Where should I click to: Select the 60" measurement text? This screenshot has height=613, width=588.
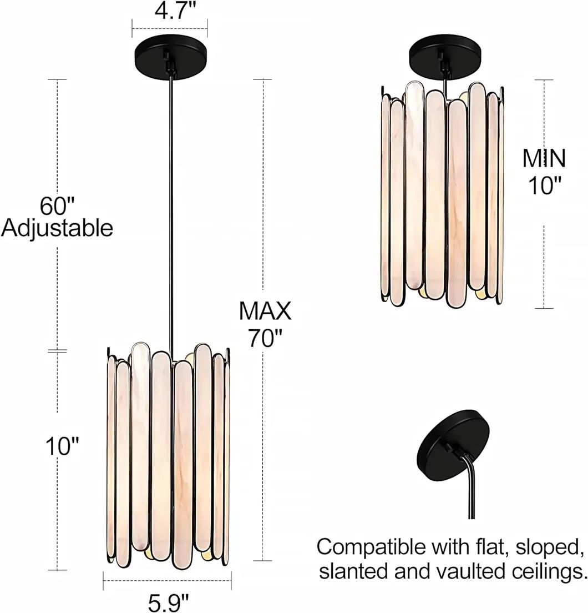click(57, 205)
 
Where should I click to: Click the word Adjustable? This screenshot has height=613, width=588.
click(57, 228)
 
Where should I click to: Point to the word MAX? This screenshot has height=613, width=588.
click(265, 311)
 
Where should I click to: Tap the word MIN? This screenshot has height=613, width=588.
click(544, 158)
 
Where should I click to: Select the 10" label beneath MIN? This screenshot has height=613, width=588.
click(544, 185)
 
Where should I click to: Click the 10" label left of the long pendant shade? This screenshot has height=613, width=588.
click(62, 446)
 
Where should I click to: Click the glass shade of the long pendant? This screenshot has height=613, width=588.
click(168, 454)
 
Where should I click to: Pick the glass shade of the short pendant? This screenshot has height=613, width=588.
click(442, 194)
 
